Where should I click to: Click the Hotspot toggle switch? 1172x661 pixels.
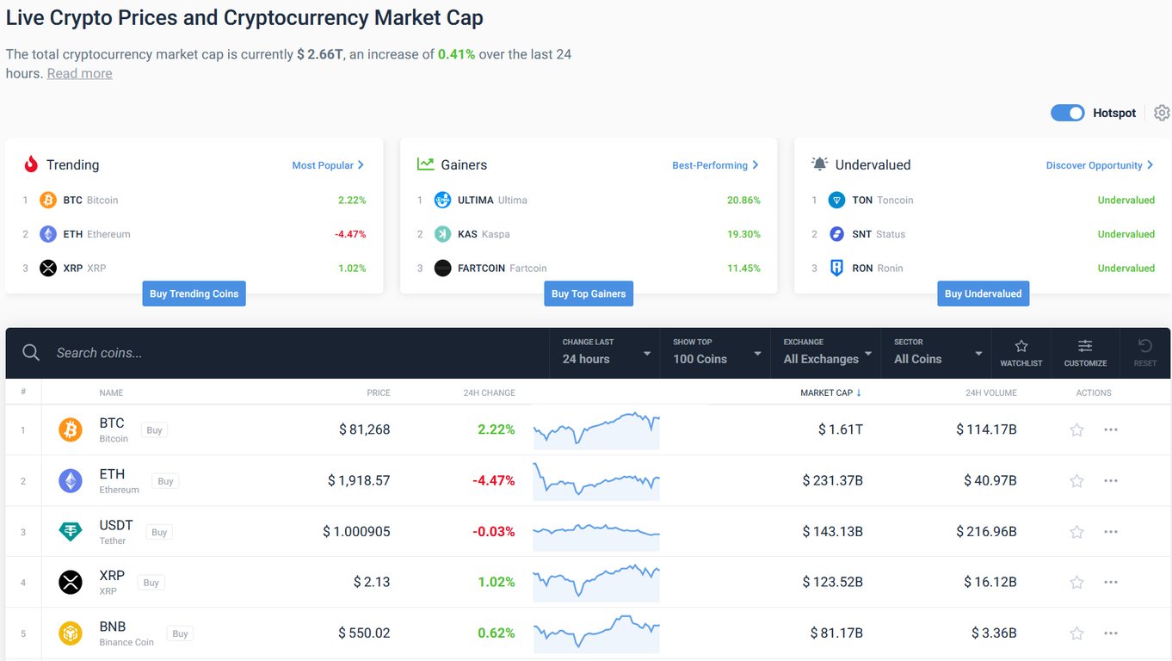click(x=1067, y=113)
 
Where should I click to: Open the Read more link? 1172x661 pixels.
click(x=79, y=73)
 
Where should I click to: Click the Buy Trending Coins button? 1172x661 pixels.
click(x=194, y=293)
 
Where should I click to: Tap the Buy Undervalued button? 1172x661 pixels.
click(x=983, y=293)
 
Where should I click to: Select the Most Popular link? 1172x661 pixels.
click(x=328, y=165)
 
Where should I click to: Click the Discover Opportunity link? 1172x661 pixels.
click(x=1099, y=165)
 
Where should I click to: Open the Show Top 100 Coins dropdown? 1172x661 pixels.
click(x=716, y=353)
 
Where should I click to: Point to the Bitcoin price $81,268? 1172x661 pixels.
click(x=364, y=429)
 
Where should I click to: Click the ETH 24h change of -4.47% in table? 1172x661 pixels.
click(x=493, y=480)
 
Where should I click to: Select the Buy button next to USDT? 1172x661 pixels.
click(x=159, y=532)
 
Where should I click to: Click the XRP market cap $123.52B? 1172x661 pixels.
click(x=832, y=583)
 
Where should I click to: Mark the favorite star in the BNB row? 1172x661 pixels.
click(x=1076, y=633)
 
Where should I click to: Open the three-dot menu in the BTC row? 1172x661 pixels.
click(x=1111, y=429)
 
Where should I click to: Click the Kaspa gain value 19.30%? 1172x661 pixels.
click(x=743, y=234)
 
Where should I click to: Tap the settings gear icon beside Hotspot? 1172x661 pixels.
click(x=1162, y=113)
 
